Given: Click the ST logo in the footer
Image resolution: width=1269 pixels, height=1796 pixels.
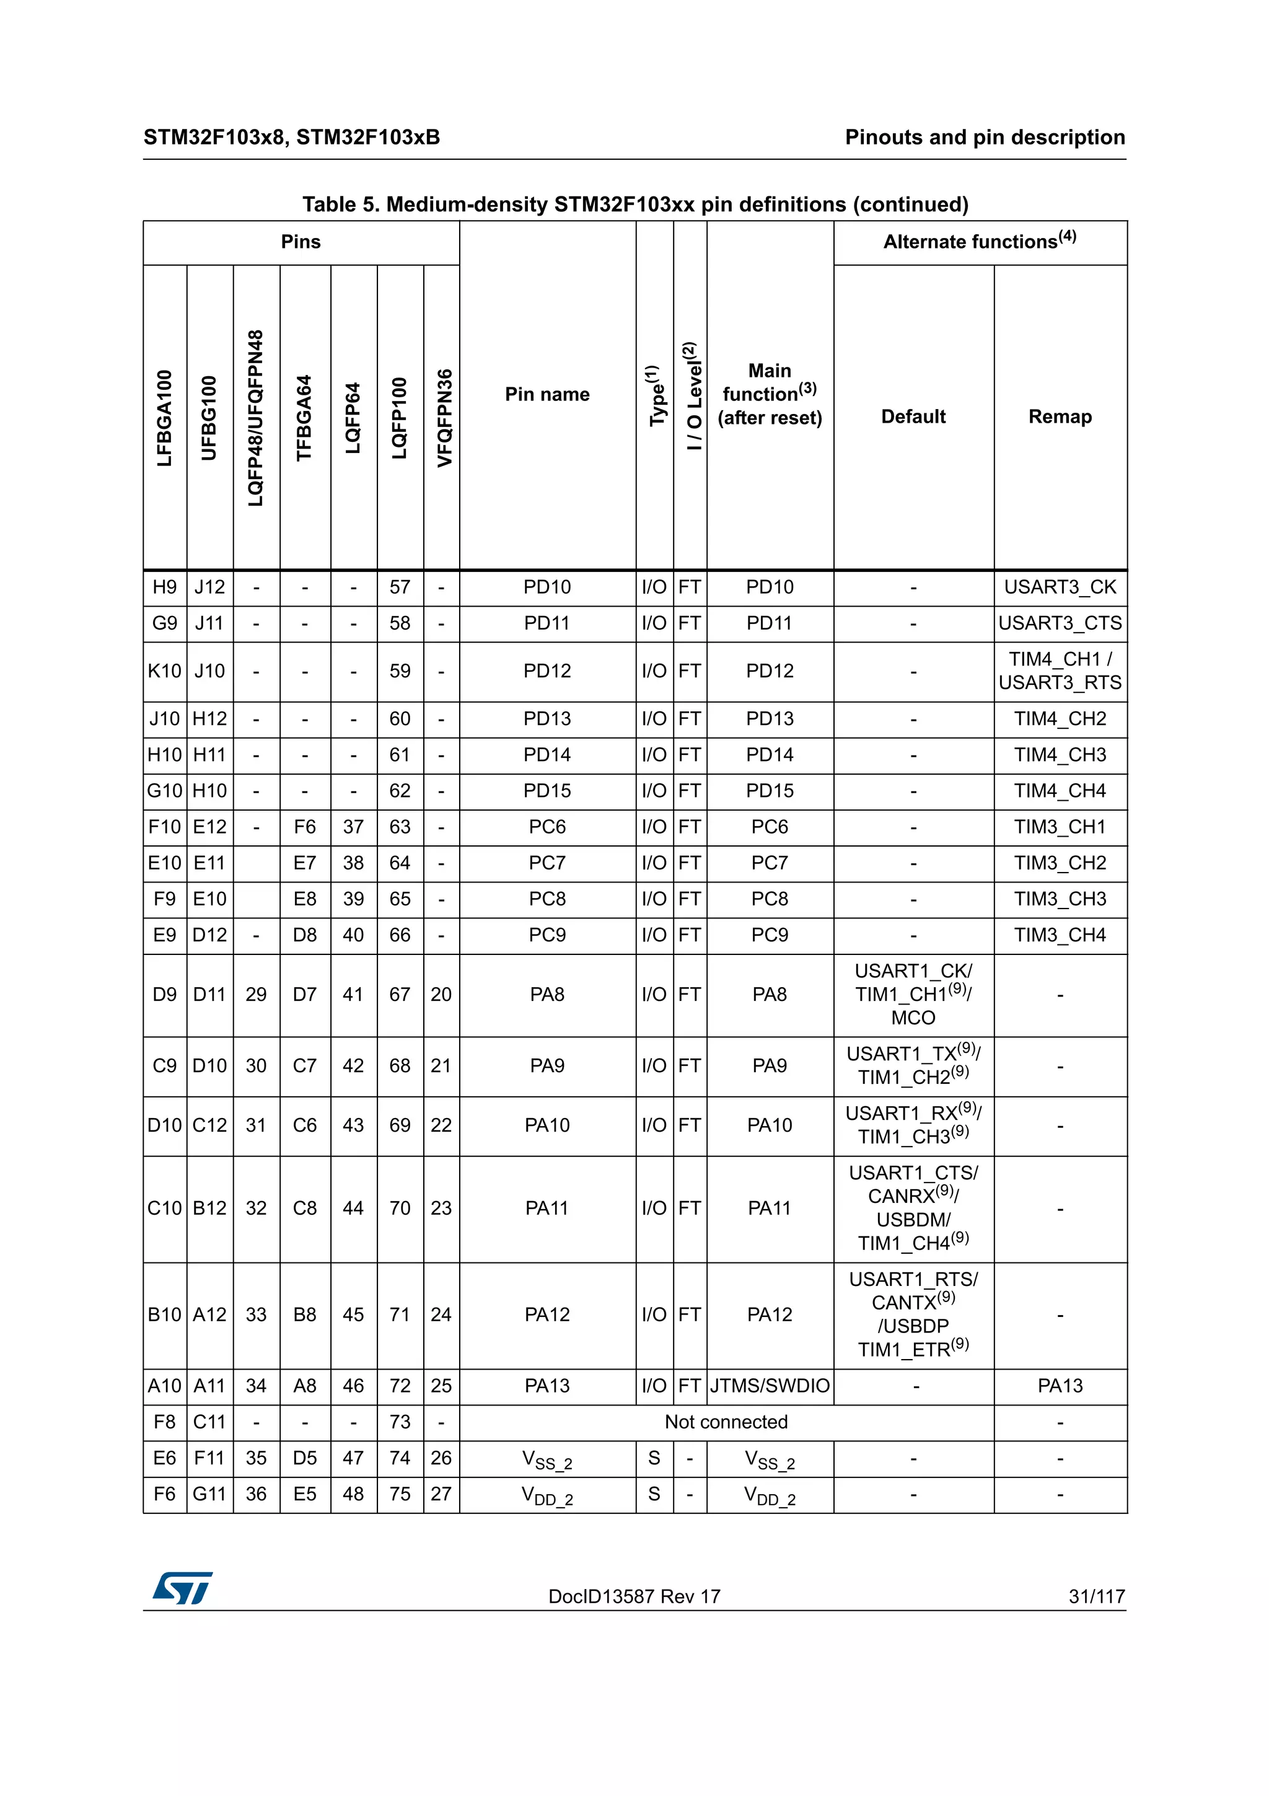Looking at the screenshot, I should tap(182, 1589).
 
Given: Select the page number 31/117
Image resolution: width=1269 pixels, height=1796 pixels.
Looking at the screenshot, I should tap(1096, 1596).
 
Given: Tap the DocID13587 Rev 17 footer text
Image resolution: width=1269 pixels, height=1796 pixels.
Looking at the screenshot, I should tap(634, 1596).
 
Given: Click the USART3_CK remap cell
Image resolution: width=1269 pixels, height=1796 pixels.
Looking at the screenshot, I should tap(1060, 588).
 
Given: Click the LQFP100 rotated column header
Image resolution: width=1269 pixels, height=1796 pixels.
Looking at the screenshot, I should tap(400, 418).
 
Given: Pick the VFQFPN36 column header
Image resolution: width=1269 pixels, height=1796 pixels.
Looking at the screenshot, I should tap(443, 418).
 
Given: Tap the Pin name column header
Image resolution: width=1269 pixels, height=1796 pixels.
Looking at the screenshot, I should tap(547, 394).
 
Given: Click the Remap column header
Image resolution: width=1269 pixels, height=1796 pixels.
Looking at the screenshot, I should tap(1060, 417).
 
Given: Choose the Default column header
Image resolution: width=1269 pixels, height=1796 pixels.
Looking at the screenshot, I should tap(913, 417).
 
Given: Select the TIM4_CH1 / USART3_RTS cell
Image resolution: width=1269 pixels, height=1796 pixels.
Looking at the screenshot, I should tap(1060, 671).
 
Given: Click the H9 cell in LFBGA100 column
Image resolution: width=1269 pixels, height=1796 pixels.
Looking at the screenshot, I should tap(164, 588).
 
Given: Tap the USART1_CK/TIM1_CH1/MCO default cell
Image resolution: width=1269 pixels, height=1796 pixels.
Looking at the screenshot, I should tap(913, 994).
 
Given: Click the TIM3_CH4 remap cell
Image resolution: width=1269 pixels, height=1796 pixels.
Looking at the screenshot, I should tap(1060, 935).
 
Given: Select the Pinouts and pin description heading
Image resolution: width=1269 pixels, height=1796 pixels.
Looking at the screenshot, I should tap(985, 138).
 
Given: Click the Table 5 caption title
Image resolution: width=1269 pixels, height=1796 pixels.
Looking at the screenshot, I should tap(635, 205).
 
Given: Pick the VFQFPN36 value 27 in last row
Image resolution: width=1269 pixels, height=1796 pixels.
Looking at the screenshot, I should tap(441, 1494).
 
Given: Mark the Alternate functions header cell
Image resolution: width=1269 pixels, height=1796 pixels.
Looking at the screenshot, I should tap(980, 242).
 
